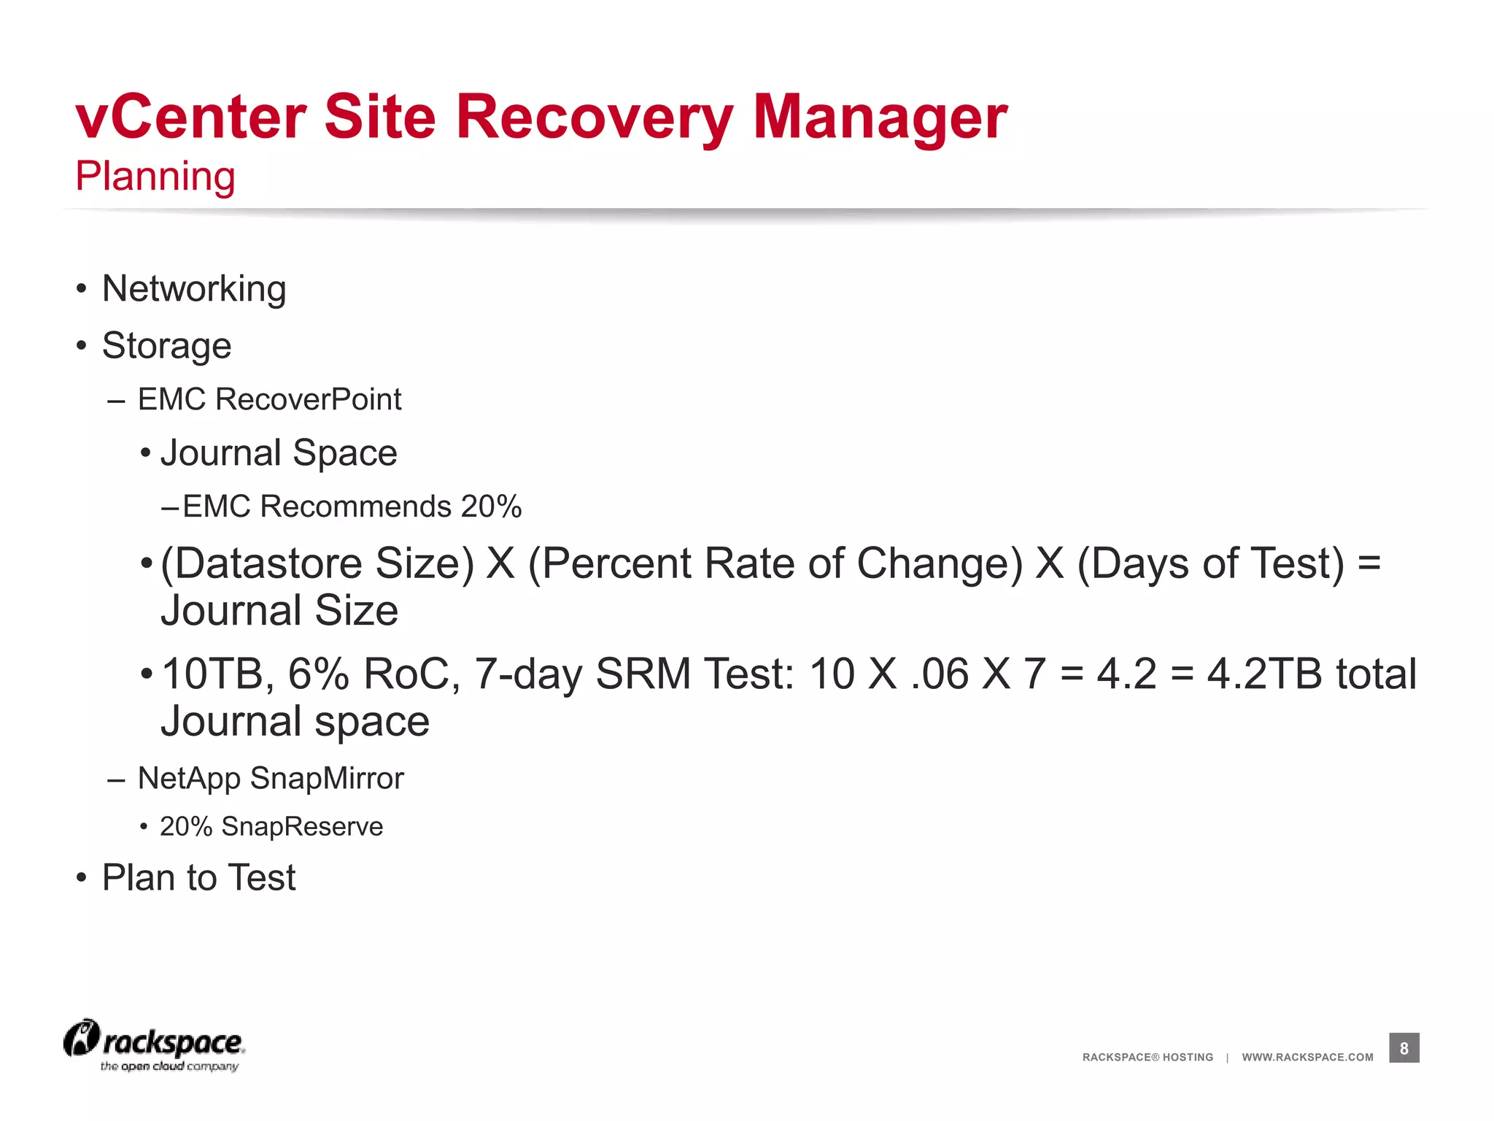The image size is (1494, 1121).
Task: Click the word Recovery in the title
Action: tap(594, 118)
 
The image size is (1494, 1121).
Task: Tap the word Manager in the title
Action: tap(880, 118)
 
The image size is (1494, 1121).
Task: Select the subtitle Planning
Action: tap(155, 176)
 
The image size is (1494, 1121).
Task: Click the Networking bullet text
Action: tap(194, 288)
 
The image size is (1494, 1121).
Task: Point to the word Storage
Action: tap(166, 345)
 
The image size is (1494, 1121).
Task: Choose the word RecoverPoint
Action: tap(309, 399)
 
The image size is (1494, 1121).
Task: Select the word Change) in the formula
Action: tap(940, 563)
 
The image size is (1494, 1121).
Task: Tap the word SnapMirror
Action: tap(326, 778)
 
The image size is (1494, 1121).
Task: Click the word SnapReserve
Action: tap(302, 826)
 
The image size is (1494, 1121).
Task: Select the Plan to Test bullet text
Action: tap(198, 877)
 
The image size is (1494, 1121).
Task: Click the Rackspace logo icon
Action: tap(82, 1038)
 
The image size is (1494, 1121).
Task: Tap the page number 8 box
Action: tap(1404, 1048)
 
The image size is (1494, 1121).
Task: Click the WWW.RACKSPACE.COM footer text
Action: tap(1307, 1057)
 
